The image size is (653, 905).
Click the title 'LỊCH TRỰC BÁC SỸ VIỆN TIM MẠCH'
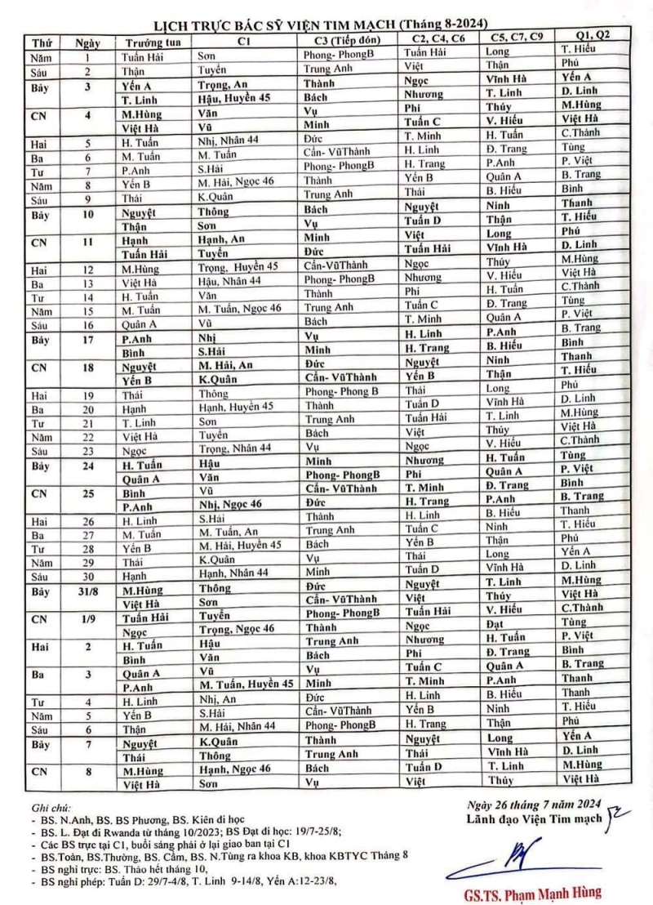[x=269, y=24]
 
